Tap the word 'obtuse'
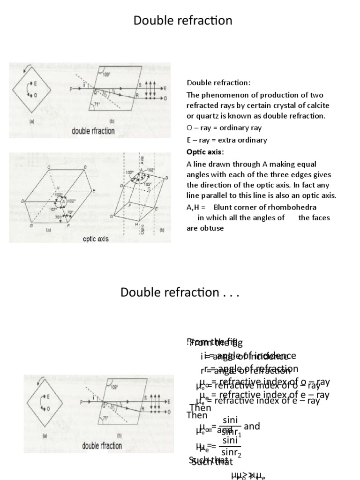(x=213, y=228)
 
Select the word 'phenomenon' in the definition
(x=220, y=94)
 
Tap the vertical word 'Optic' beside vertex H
(x=142, y=228)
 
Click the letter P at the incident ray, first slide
(x=71, y=88)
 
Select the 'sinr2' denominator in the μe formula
(x=232, y=452)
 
